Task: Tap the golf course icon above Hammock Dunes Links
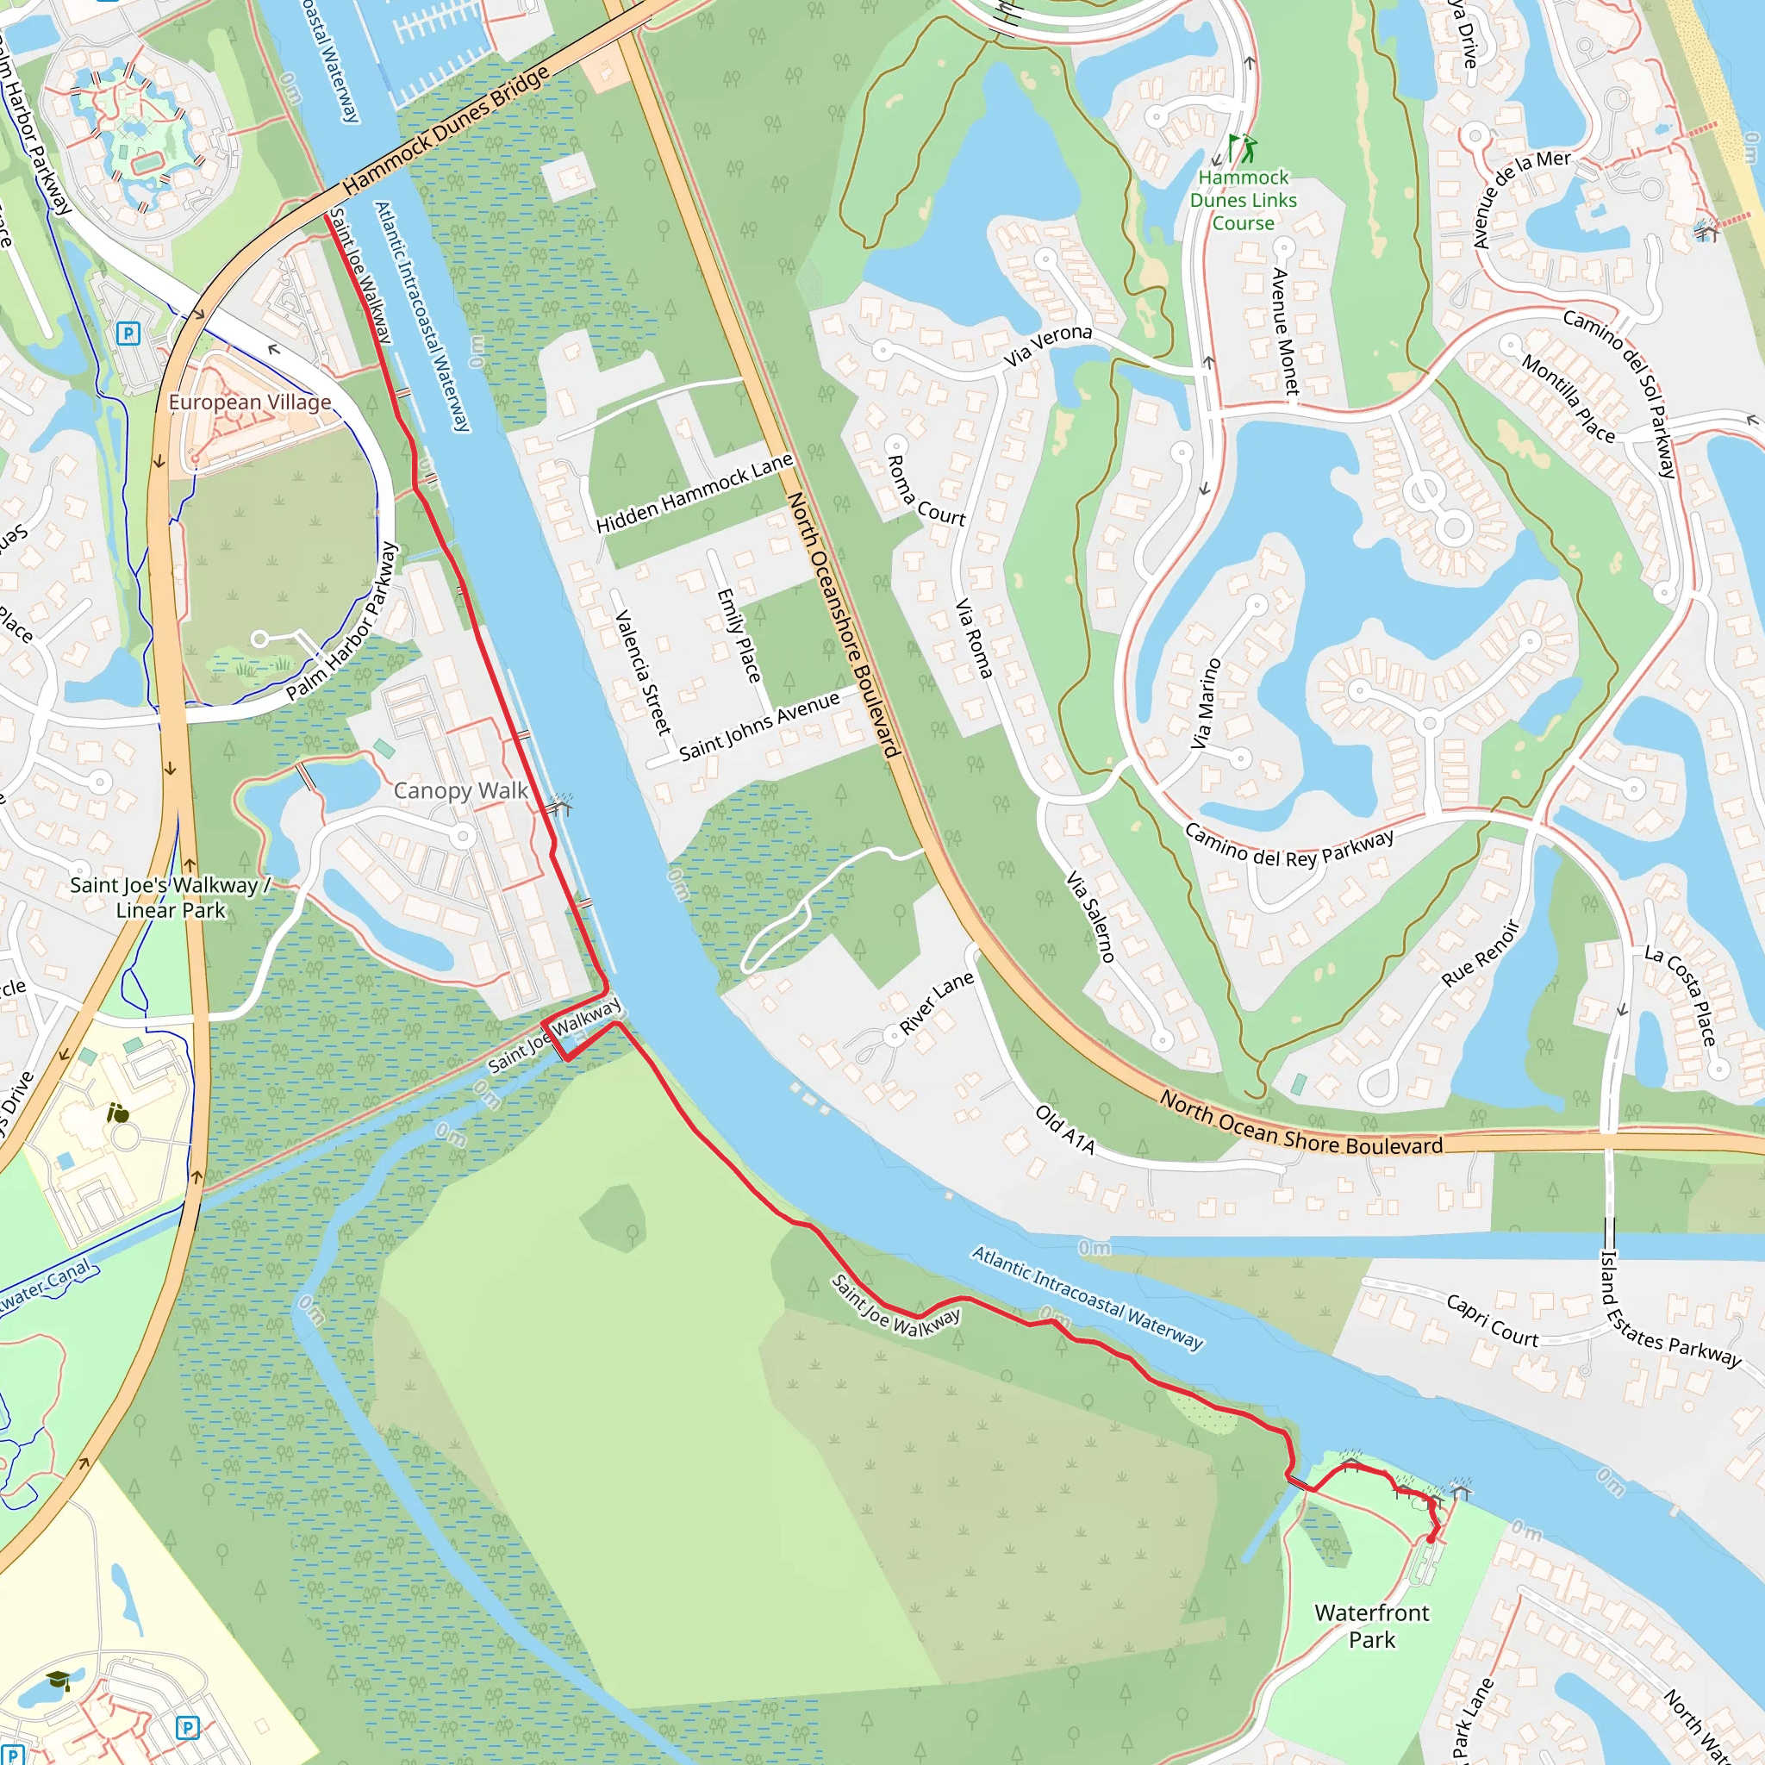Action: point(1243,148)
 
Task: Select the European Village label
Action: point(249,402)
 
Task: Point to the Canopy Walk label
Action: point(460,790)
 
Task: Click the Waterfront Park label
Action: point(1371,1626)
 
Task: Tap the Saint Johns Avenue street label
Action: point(759,726)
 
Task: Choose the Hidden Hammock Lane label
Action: point(695,493)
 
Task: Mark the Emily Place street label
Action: point(739,635)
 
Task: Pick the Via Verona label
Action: point(1048,346)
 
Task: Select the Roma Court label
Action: point(926,490)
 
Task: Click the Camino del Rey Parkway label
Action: point(1289,846)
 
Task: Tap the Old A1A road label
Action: point(1064,1129)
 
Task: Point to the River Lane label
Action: point(937,1002)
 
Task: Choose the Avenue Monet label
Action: point(1284,331)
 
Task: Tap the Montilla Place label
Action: point(1568,398)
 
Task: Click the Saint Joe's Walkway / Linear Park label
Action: point(171,897)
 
